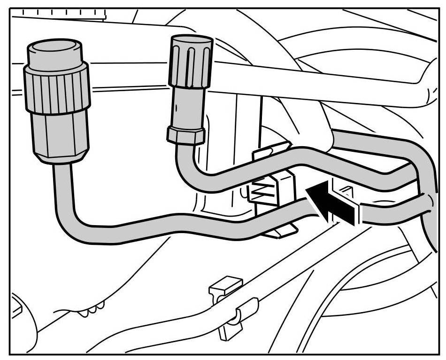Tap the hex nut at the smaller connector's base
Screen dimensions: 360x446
(186, 134)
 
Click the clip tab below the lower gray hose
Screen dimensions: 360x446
(282, 230)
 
